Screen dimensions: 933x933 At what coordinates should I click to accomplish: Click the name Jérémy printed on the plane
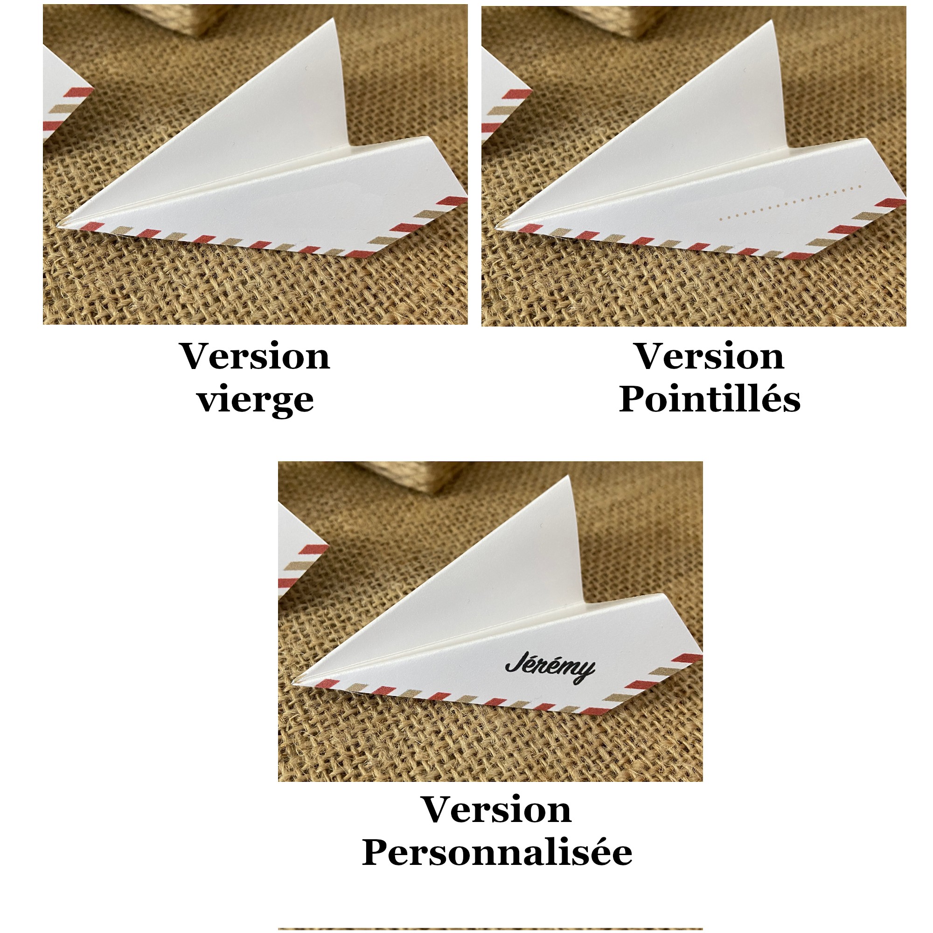550,668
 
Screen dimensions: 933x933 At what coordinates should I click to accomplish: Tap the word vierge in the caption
256,400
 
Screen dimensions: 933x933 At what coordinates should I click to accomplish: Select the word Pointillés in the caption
710,399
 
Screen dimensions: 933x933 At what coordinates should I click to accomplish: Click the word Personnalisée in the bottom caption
497,852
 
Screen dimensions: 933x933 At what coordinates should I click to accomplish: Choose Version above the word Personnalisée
497,809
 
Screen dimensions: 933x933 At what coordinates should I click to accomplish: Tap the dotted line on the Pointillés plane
790,202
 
